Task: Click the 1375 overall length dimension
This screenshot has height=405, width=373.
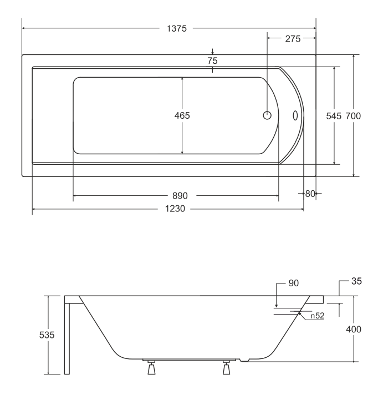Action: [176, 28]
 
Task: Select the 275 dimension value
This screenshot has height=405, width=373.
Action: [293, 39]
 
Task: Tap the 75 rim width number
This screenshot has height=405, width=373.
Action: [213, 60]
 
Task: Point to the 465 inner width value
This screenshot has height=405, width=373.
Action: [182, 115]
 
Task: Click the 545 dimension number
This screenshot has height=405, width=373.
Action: [334, 116]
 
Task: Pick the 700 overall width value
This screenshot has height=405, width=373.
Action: [353, 116]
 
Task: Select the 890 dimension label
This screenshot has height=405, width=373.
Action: [180, 196]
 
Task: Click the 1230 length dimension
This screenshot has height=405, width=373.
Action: [175, 209]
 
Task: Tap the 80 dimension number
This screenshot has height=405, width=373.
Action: [310, 194]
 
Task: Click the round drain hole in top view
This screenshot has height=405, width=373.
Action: [267, 115]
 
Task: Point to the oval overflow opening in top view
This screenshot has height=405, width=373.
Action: [295, 115]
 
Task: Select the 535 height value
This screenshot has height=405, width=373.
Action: [47, 335]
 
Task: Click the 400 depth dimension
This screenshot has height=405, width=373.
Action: [354, 330]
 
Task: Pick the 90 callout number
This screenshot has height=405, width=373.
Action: [294, 283]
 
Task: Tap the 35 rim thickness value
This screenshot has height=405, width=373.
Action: [357, 281]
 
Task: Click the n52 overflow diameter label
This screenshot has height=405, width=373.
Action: [317, 316]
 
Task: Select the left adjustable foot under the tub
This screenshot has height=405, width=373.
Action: [151, 368]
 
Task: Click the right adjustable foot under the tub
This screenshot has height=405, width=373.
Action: [226, 368]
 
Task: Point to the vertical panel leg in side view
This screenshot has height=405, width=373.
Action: [67, 338]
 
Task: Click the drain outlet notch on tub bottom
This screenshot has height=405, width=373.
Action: [244, 360]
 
